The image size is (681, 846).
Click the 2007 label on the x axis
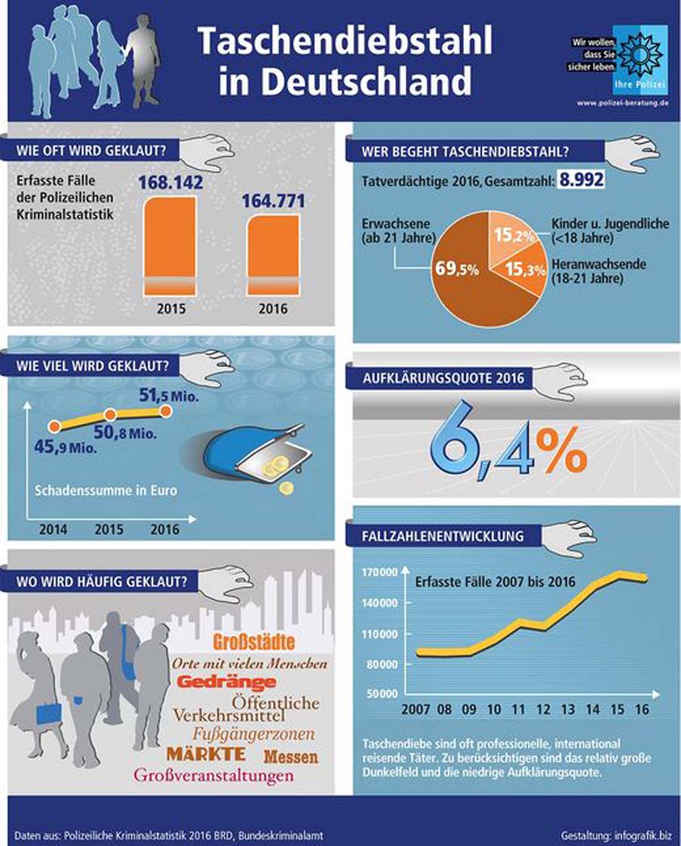pyautogui.click(x=417, y=711)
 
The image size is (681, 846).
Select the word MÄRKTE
pyautogui.click(x=205, y=754)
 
